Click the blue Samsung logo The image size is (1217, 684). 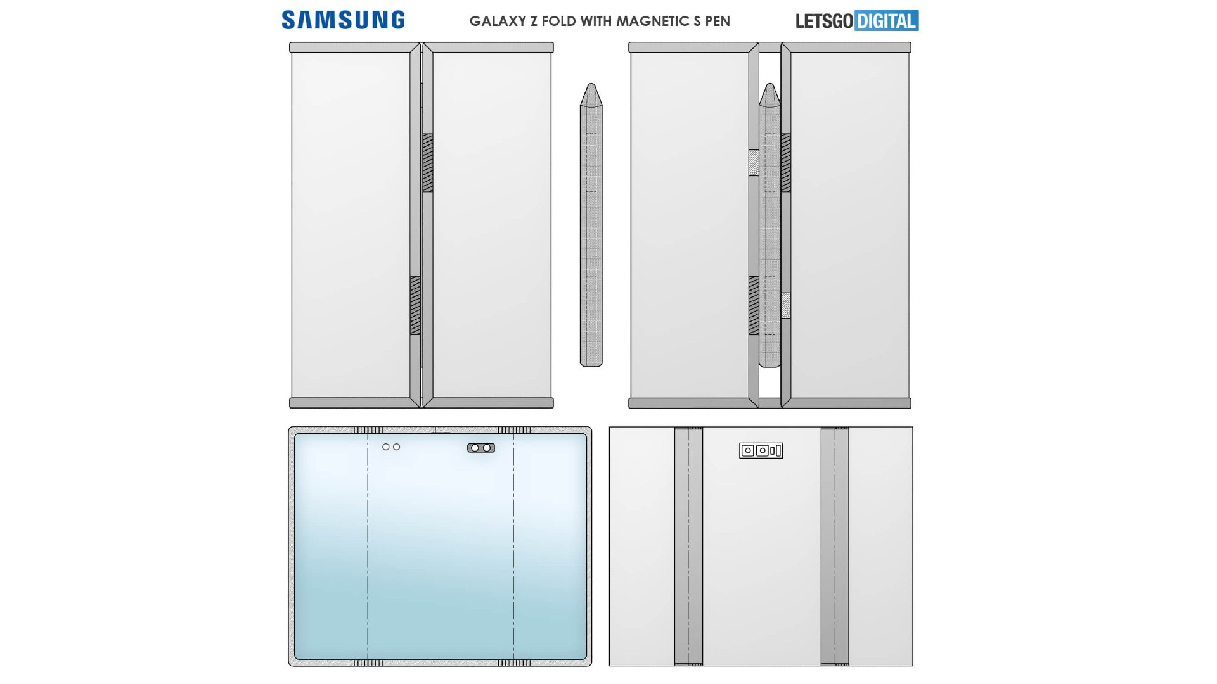point(343,20)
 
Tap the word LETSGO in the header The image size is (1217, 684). point(824,21)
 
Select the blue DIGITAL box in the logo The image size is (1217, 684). point(886,21)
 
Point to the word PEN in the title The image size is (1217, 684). point(718,21)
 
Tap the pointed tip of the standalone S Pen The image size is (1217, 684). point(591,87)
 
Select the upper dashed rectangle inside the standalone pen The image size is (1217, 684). point(591,163)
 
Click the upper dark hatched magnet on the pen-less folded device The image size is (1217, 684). point(428,163)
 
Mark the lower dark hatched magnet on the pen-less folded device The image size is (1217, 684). point(415,305)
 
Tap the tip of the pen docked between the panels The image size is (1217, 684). point(769,87)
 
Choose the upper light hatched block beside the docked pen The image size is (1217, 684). point(754,163)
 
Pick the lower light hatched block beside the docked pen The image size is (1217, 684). point(786,305)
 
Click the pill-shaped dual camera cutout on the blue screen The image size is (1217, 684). point(481,448)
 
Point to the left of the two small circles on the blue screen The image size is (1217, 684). point(386,447)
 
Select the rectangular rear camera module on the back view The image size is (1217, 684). point(761,450)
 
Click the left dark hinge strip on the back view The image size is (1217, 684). point(688,546)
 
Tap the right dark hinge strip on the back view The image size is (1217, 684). point(835,546)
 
